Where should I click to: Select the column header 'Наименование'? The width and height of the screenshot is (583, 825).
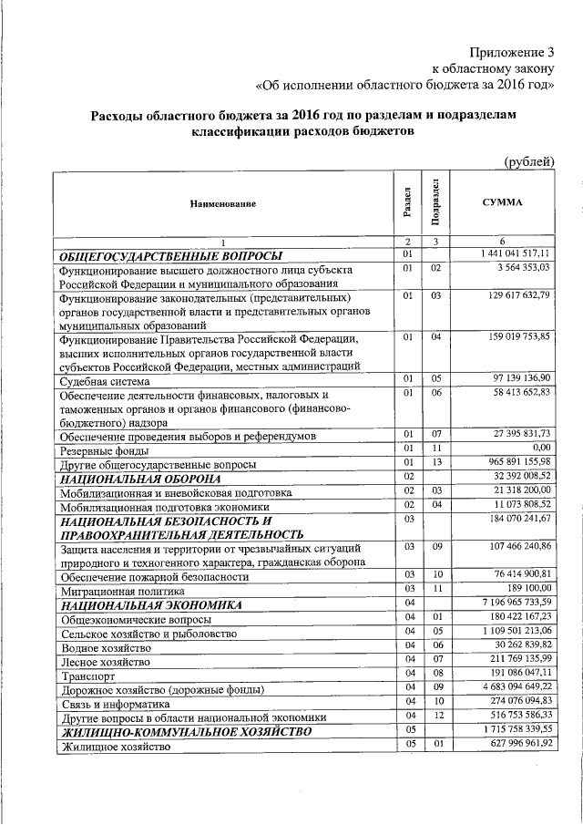[x=223, y=204]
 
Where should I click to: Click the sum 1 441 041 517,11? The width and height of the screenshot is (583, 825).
[x=515, y=253]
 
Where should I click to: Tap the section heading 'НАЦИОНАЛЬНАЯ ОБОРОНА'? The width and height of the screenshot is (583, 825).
[x=140, y=479]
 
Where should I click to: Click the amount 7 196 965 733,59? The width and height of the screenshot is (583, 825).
[x=515, y=603]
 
